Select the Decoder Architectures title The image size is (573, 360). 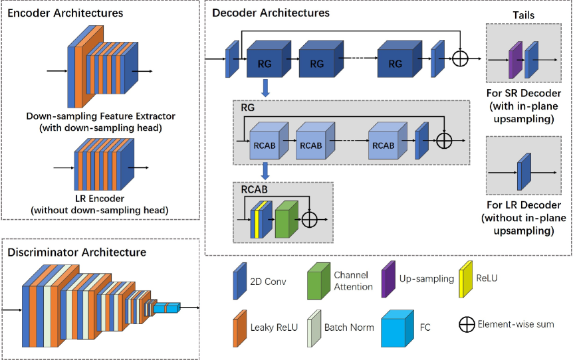click(271, 13)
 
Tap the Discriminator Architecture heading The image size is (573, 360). click(76, 252)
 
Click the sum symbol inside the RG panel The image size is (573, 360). click(443, 141)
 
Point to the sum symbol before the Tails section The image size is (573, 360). click(460, 58)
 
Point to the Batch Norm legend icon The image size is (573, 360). click(312, 328)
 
